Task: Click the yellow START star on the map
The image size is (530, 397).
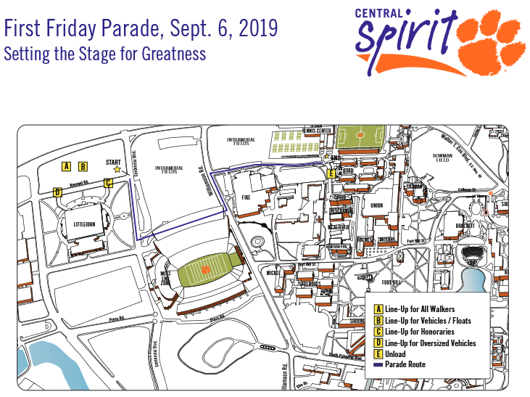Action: [117, 169]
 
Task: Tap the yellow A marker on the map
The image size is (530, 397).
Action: [66, 166]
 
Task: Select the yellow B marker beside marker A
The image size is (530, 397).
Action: [83, 166]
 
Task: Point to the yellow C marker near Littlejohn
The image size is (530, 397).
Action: [108, 183]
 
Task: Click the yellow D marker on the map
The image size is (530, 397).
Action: [57, 192]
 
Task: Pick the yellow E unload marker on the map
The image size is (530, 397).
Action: [331, 173]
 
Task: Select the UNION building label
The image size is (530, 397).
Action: [376, 205]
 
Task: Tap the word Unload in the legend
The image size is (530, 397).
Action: [395, 353]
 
